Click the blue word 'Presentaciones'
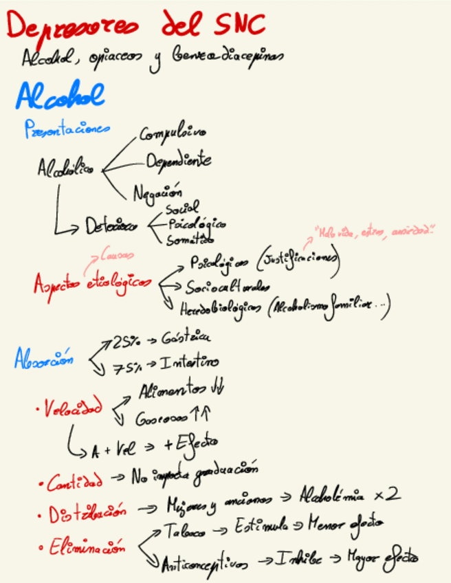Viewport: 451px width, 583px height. coord(67,129)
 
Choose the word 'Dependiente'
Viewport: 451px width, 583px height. coord(178,161)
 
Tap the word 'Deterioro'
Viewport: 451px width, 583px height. coord(111,225)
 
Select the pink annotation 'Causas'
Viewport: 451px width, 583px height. coord(116,256)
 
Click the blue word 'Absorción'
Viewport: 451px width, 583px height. coord(44,359)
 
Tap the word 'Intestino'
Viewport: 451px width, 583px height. coord(190,362)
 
